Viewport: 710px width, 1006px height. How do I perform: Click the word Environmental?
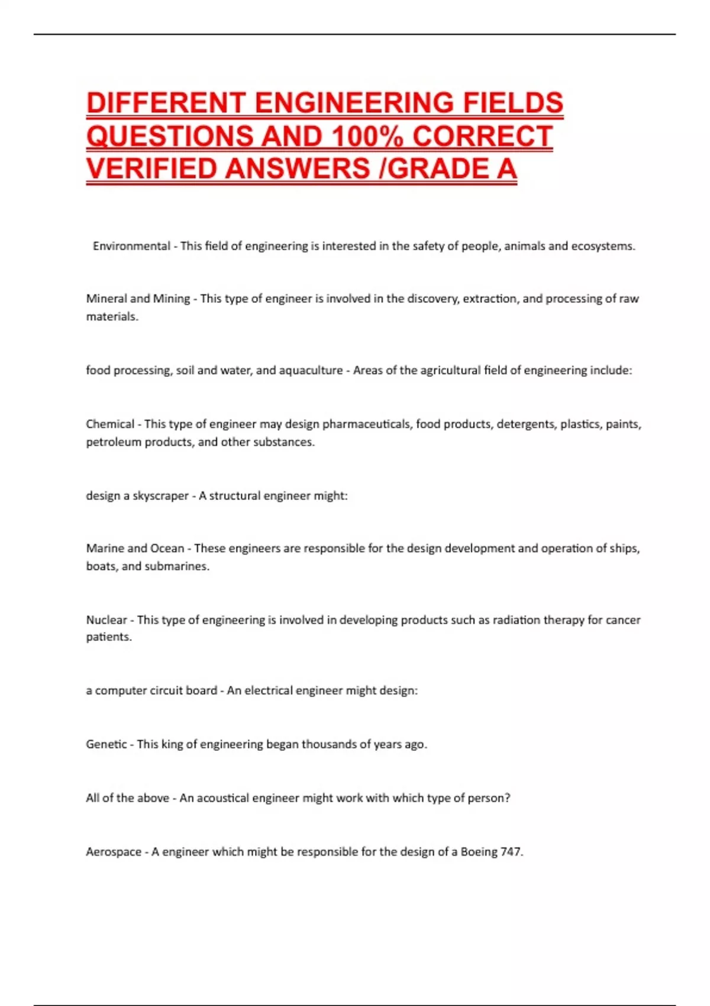131,246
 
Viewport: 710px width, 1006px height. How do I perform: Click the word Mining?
172,299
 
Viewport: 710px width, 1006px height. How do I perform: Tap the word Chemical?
110,424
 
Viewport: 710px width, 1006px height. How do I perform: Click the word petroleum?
113,442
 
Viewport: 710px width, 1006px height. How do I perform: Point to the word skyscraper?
160,496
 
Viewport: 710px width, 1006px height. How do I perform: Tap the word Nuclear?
106,620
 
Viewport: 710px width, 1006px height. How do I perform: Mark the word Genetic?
106,744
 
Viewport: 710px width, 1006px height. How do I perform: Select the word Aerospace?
114,852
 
